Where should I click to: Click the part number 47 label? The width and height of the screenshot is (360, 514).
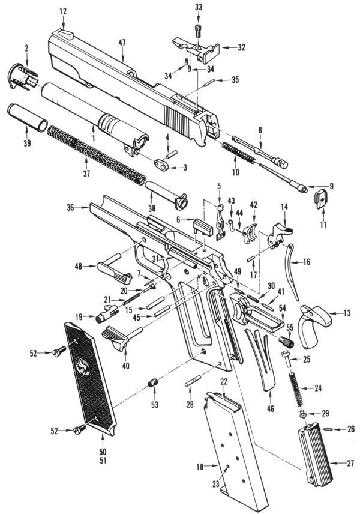tap(122, 43)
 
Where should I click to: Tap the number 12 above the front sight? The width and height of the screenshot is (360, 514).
tap(63, 11)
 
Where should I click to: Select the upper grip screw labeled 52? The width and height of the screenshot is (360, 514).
tap(59, 352)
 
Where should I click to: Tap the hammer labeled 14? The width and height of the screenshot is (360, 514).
tap(279, 234)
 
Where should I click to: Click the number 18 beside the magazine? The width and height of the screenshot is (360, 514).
tap(200, 467)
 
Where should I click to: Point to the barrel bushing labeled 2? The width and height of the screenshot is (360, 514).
tap(22, 77)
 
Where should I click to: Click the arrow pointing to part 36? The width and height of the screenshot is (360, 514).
tap(82, 207)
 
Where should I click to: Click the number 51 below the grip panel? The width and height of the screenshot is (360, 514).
tap(103, 460)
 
